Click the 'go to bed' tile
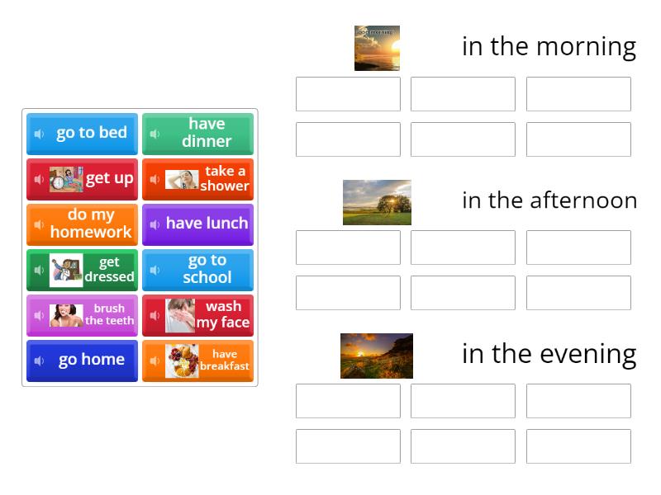pos(83,134)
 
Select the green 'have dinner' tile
pos(198,134)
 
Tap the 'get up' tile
pos(83,179)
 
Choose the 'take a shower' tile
pos(198,179)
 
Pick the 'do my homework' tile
pos(83,224)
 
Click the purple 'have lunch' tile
pos(198,224)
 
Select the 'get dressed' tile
pos(83,270)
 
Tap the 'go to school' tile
pos(198,270)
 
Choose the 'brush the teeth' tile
pos(83,315)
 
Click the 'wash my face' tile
pos(198,315)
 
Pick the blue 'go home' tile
pos(83,361)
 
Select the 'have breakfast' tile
pos(198,361)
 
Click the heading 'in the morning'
pos(549,47)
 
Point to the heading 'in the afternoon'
pos(549,200)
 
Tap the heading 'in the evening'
pos(549,354)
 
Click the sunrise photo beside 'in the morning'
pos(377,48)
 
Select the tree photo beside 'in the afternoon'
pos(377,202)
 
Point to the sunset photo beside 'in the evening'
pos(377,356)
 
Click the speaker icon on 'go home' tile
pos(39,361)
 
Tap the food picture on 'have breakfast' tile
pos(181,361)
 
